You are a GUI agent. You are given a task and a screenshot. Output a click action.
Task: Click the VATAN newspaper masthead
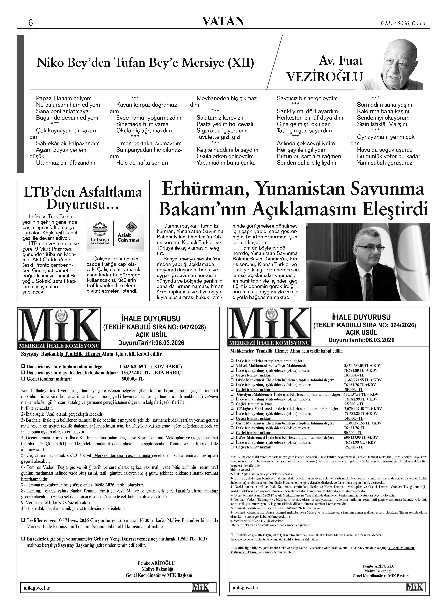(223, 21)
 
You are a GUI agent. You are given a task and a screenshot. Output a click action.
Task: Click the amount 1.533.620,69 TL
(136, 367)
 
